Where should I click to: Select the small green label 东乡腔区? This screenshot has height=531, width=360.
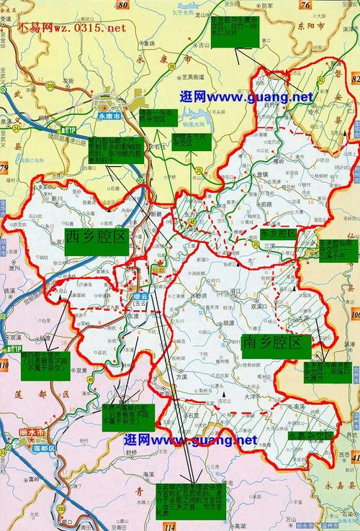[x=279, y=235]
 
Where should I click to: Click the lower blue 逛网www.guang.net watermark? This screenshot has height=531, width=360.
[x=190, y=440]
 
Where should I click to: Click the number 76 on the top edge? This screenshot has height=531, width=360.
[x=305, y=5]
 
